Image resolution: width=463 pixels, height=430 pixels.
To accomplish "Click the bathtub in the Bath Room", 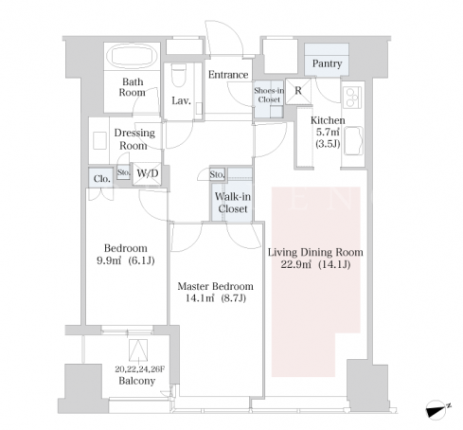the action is click(133, 56).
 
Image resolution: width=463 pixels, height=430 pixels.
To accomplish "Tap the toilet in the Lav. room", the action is click(179, 75).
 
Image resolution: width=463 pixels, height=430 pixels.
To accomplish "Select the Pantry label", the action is click(327, 63).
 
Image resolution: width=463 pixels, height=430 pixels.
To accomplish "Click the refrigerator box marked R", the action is click(298, 91).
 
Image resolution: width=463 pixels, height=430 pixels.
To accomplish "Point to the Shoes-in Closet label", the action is click(269, 95).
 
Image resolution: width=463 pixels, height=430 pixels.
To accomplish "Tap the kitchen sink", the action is click(353, 141).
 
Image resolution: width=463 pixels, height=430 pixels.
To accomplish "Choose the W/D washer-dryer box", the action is click(147, 173).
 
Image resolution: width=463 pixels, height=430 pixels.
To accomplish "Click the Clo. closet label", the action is click(102, 179).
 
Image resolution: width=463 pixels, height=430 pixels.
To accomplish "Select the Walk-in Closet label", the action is click(233, 203).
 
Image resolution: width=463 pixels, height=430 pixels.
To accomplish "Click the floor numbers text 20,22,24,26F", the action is click(140, 368).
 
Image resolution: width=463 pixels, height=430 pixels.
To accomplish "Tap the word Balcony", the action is click(137, 381).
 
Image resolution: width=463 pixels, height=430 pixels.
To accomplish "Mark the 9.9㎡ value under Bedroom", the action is click(109, 260).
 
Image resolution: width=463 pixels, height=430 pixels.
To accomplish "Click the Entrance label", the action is click(228, 75).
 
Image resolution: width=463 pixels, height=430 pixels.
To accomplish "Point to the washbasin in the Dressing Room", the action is click(99, 141).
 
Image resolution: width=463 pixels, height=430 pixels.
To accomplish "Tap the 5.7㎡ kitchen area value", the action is click(328, 133).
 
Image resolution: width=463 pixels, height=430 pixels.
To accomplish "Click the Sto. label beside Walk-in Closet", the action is click(217, 174).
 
